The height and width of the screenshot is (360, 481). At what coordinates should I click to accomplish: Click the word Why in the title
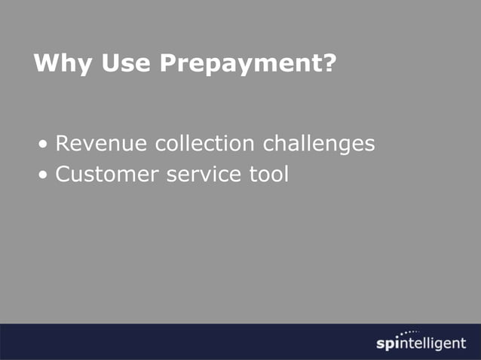pos(57,63)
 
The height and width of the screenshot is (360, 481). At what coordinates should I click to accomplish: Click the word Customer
pos(107,175)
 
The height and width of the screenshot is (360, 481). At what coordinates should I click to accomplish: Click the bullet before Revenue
pos(46,145)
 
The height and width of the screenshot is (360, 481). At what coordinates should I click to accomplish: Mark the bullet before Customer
pos(46,176)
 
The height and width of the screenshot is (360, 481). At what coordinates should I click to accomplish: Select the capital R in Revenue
pos(63,143)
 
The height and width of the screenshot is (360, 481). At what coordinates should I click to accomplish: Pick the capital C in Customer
pos(63,175)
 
